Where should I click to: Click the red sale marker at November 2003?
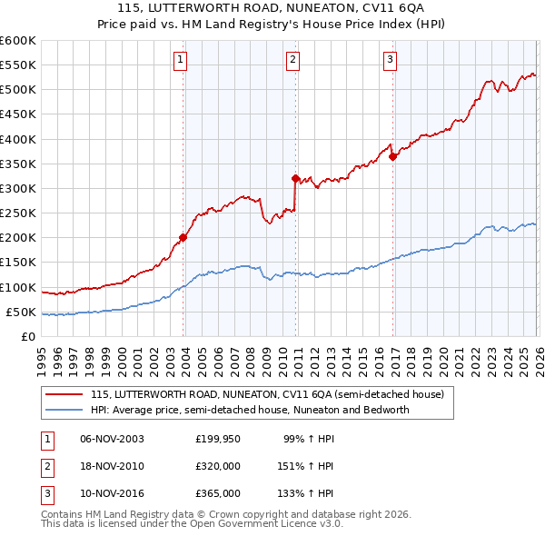(183, 238)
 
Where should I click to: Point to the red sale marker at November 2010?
(296, 179)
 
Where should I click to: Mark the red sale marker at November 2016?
(392, 156)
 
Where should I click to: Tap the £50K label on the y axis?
(21, 312)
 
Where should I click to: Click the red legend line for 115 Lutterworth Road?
(64, 395)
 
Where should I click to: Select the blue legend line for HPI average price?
(64, 410)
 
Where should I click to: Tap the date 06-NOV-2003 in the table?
(112, 439)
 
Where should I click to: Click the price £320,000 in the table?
(218, 466)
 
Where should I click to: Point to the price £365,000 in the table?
(218, 493)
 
